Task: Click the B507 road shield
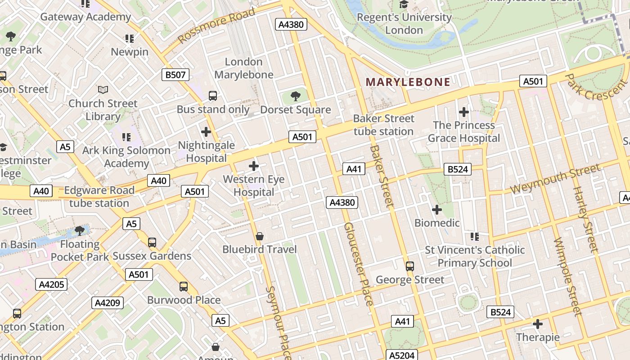tap(175, 75)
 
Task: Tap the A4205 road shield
tap(52, 284)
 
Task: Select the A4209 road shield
tap(108, 303)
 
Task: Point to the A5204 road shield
tap(402, 355)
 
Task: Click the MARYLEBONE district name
tap(408, 82)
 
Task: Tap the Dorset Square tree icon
tap(296, 96)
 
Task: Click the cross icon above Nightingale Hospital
tap(206, 132)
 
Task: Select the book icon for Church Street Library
tap(103, 90)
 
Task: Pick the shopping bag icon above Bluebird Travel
tap(260, 236)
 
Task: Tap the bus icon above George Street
tap(410, 266)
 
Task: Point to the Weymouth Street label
tap(555, 179)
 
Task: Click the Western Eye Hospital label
tap(254, 186)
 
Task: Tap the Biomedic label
tap(437, 223)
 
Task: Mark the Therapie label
tap(538, 337)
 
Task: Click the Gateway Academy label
tap(85, 17)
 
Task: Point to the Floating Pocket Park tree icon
tap(80, 231)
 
